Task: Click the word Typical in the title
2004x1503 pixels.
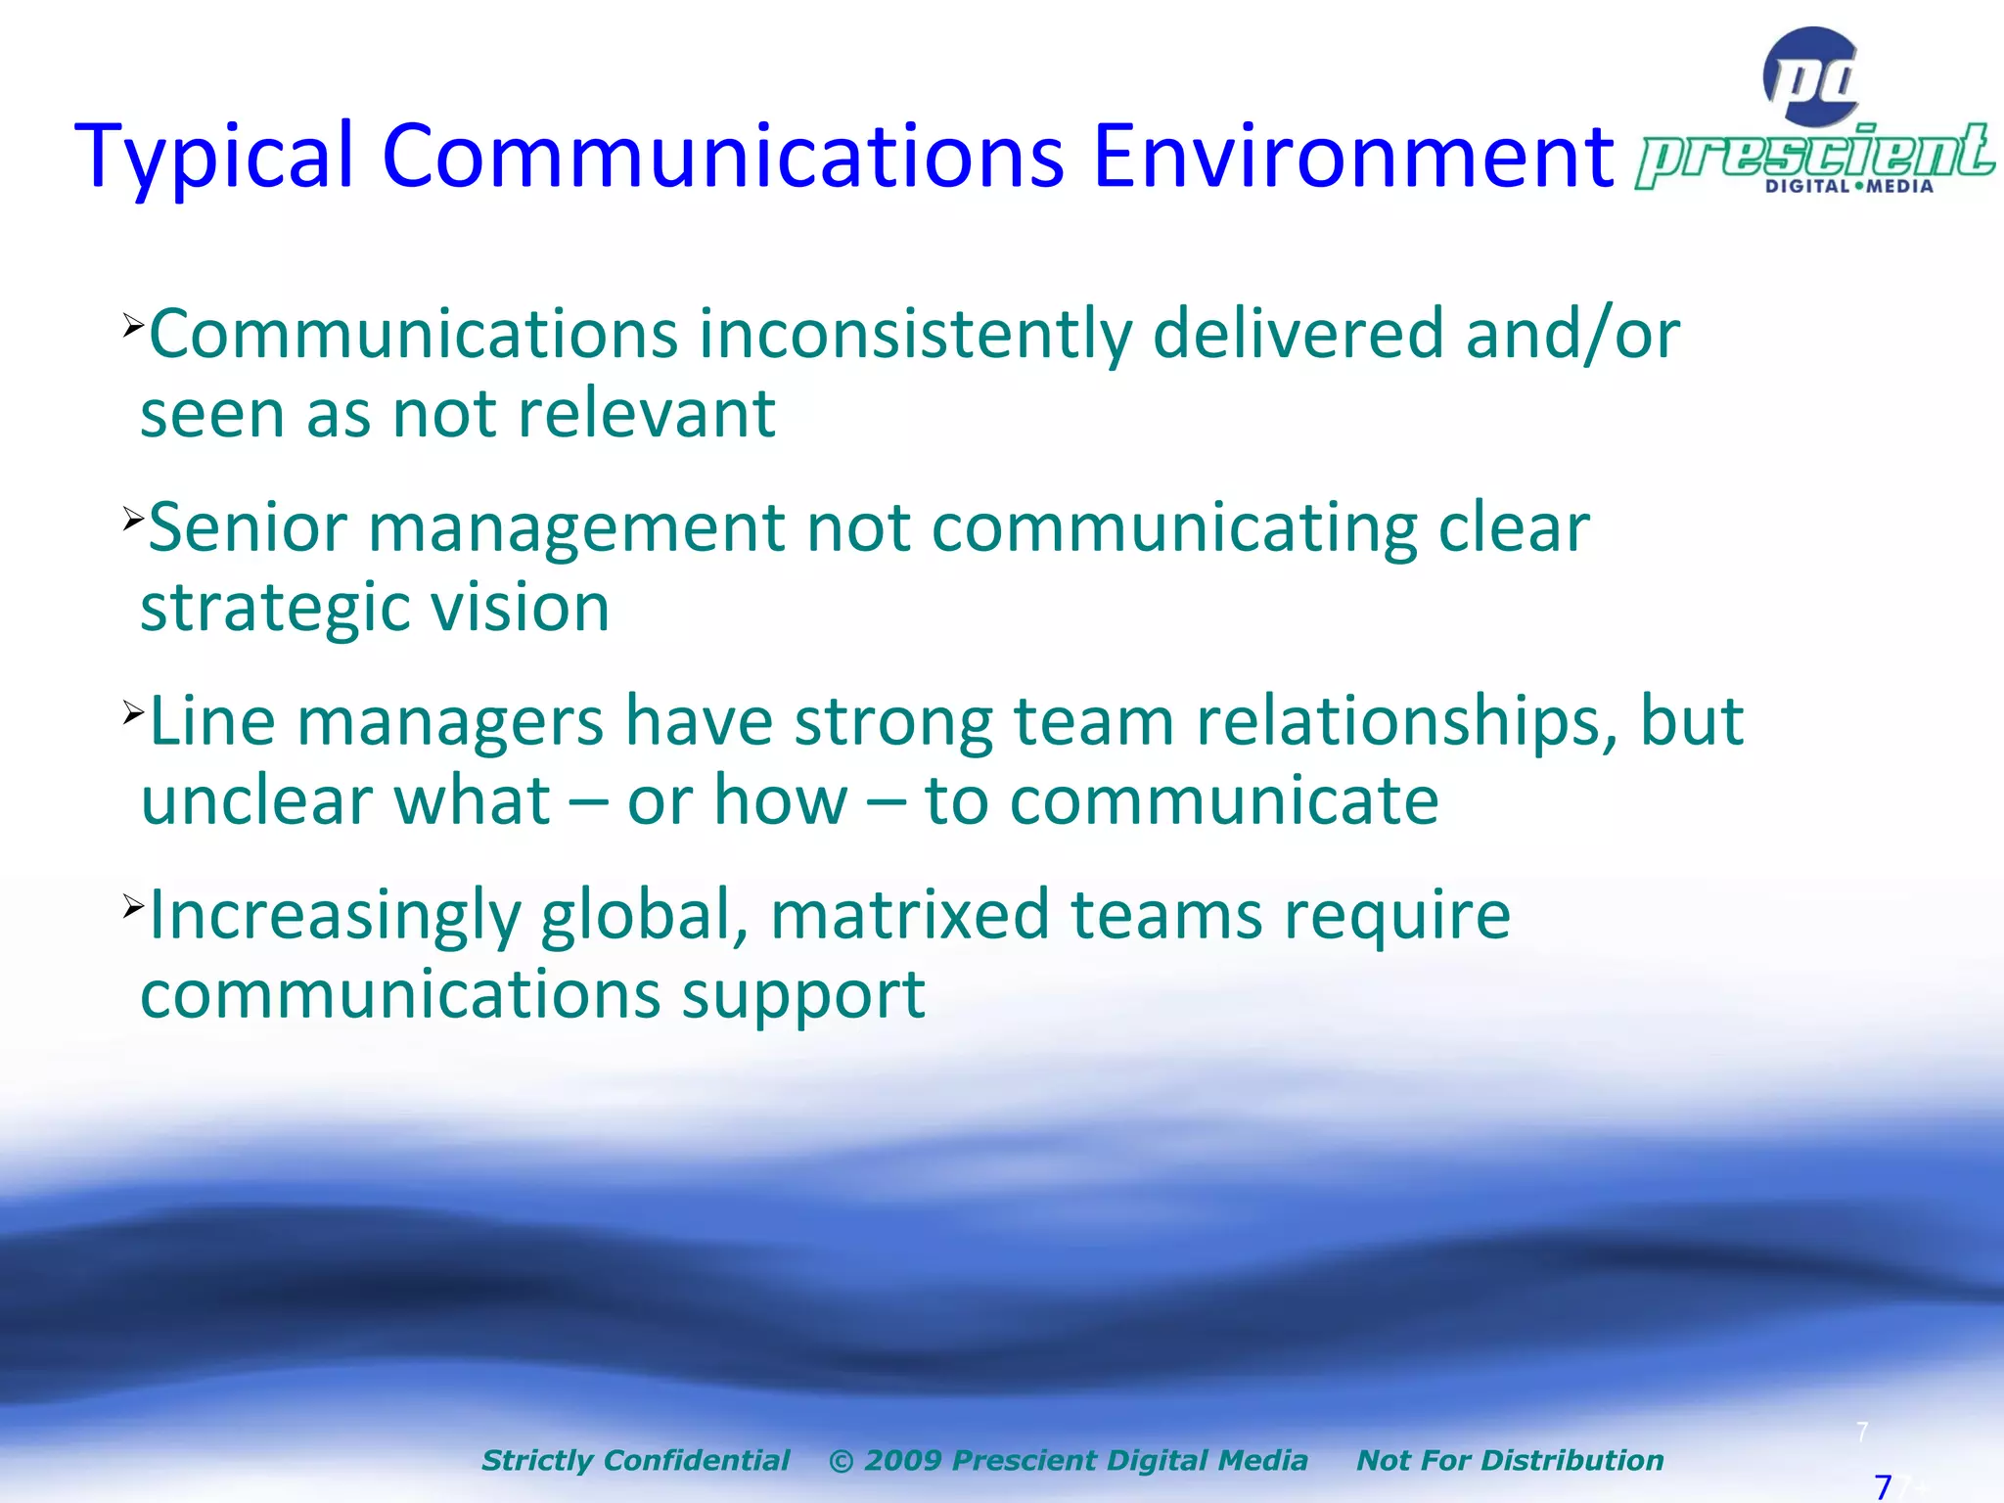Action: [x=213, y=157]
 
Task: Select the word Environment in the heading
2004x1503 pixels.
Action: [x=1352, y=157]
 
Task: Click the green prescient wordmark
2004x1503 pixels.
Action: [x=1814, y=155]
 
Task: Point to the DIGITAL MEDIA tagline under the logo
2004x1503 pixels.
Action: [x=1848, y=186]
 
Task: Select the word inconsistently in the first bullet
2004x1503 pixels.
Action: [x=914, y=335]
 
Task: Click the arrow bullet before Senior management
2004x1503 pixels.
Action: [x=133, y=518]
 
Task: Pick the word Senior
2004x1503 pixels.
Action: [x=248, y=528]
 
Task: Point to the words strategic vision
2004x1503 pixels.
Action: [x=375, y=608]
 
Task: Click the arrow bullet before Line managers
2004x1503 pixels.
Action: [x=133, y=711]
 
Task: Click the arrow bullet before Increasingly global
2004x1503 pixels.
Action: [x=133, y=905]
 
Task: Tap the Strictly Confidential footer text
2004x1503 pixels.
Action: [x=635, y=1460]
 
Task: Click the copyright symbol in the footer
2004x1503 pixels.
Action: [x=841, y=1461]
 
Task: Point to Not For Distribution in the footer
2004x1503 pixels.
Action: [x=1509, y=1460]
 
